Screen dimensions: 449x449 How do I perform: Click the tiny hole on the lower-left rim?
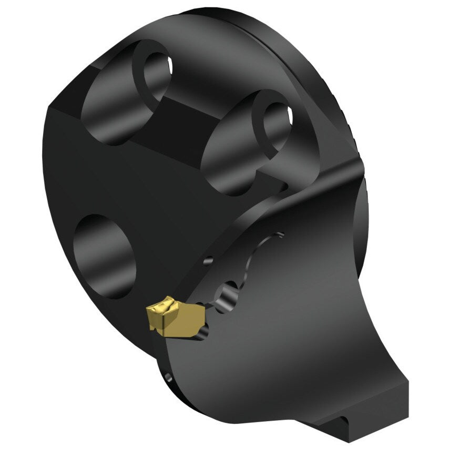tap(168, 377)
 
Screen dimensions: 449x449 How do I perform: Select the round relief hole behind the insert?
tap(230, 296)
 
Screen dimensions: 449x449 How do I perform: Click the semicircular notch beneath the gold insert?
tap(204, 331)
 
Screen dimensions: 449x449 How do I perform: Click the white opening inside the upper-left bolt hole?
tap(170, 66)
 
